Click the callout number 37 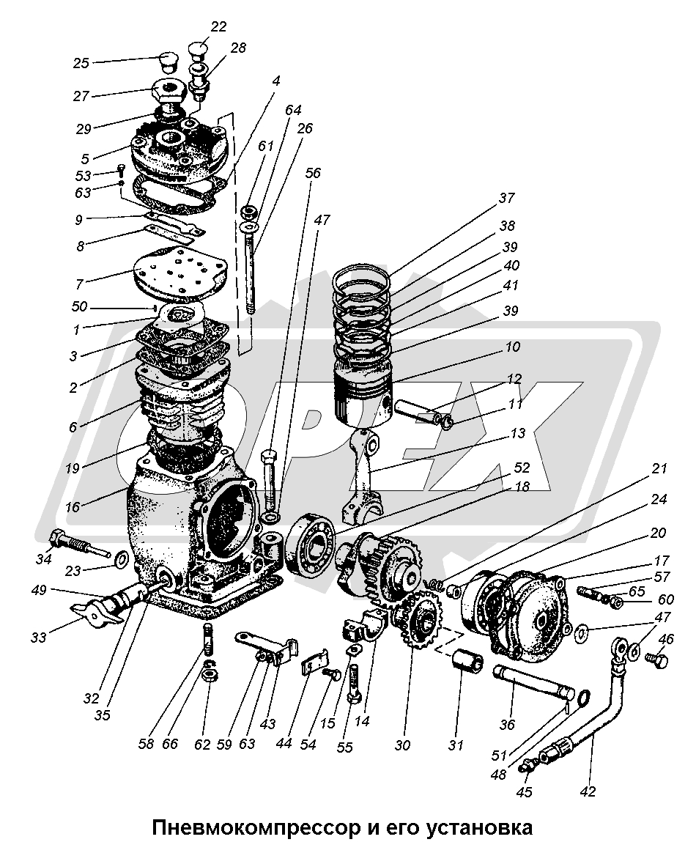click(x=506, y=198)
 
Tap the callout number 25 click(x=80, y=63)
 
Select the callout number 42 click(x=588, y=791)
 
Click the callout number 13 click(x=519, y=434)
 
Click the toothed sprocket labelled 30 click(x=416, y=620)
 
